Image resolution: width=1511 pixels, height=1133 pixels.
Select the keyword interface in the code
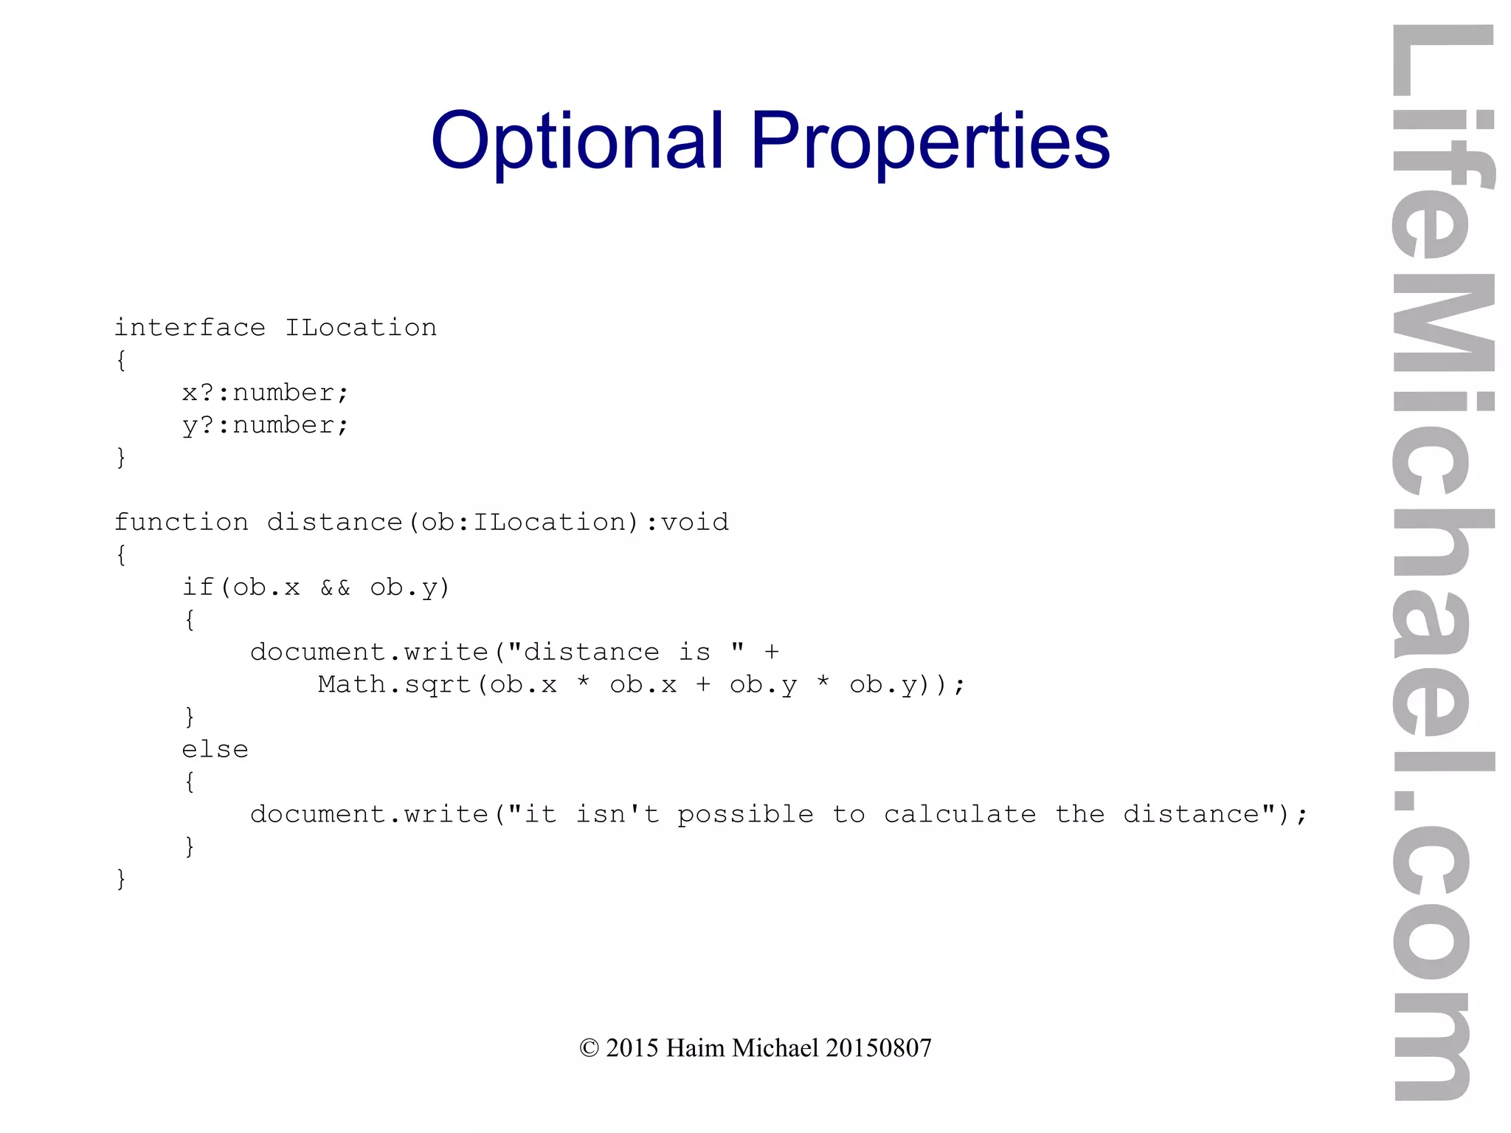[x=190, y=328]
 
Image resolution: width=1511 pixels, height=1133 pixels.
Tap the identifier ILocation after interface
[x=361, y=328]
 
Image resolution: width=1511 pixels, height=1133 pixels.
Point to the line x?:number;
[x=265, y=393]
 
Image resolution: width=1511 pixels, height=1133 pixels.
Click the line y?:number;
[x=265, y=425]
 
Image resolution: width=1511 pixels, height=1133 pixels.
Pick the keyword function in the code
[x=181, y=523]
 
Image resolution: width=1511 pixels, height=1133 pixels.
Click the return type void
[x=695, y=523]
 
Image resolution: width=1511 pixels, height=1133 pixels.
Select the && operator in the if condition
[x=335, y=588]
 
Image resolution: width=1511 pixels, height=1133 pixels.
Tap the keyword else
[x=215, y=750]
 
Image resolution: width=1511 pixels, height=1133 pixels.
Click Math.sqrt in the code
[x=395, y=685]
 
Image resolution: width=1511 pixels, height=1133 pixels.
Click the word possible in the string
[x=745, y=814]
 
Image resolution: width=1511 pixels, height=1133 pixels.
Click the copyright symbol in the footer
[x=589, y=1048]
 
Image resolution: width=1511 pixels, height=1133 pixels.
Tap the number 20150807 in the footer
[x=879, y=1048]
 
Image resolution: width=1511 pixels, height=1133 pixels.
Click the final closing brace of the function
[x=121, y=879]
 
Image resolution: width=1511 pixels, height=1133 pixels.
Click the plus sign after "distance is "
[x=772, y=652]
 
